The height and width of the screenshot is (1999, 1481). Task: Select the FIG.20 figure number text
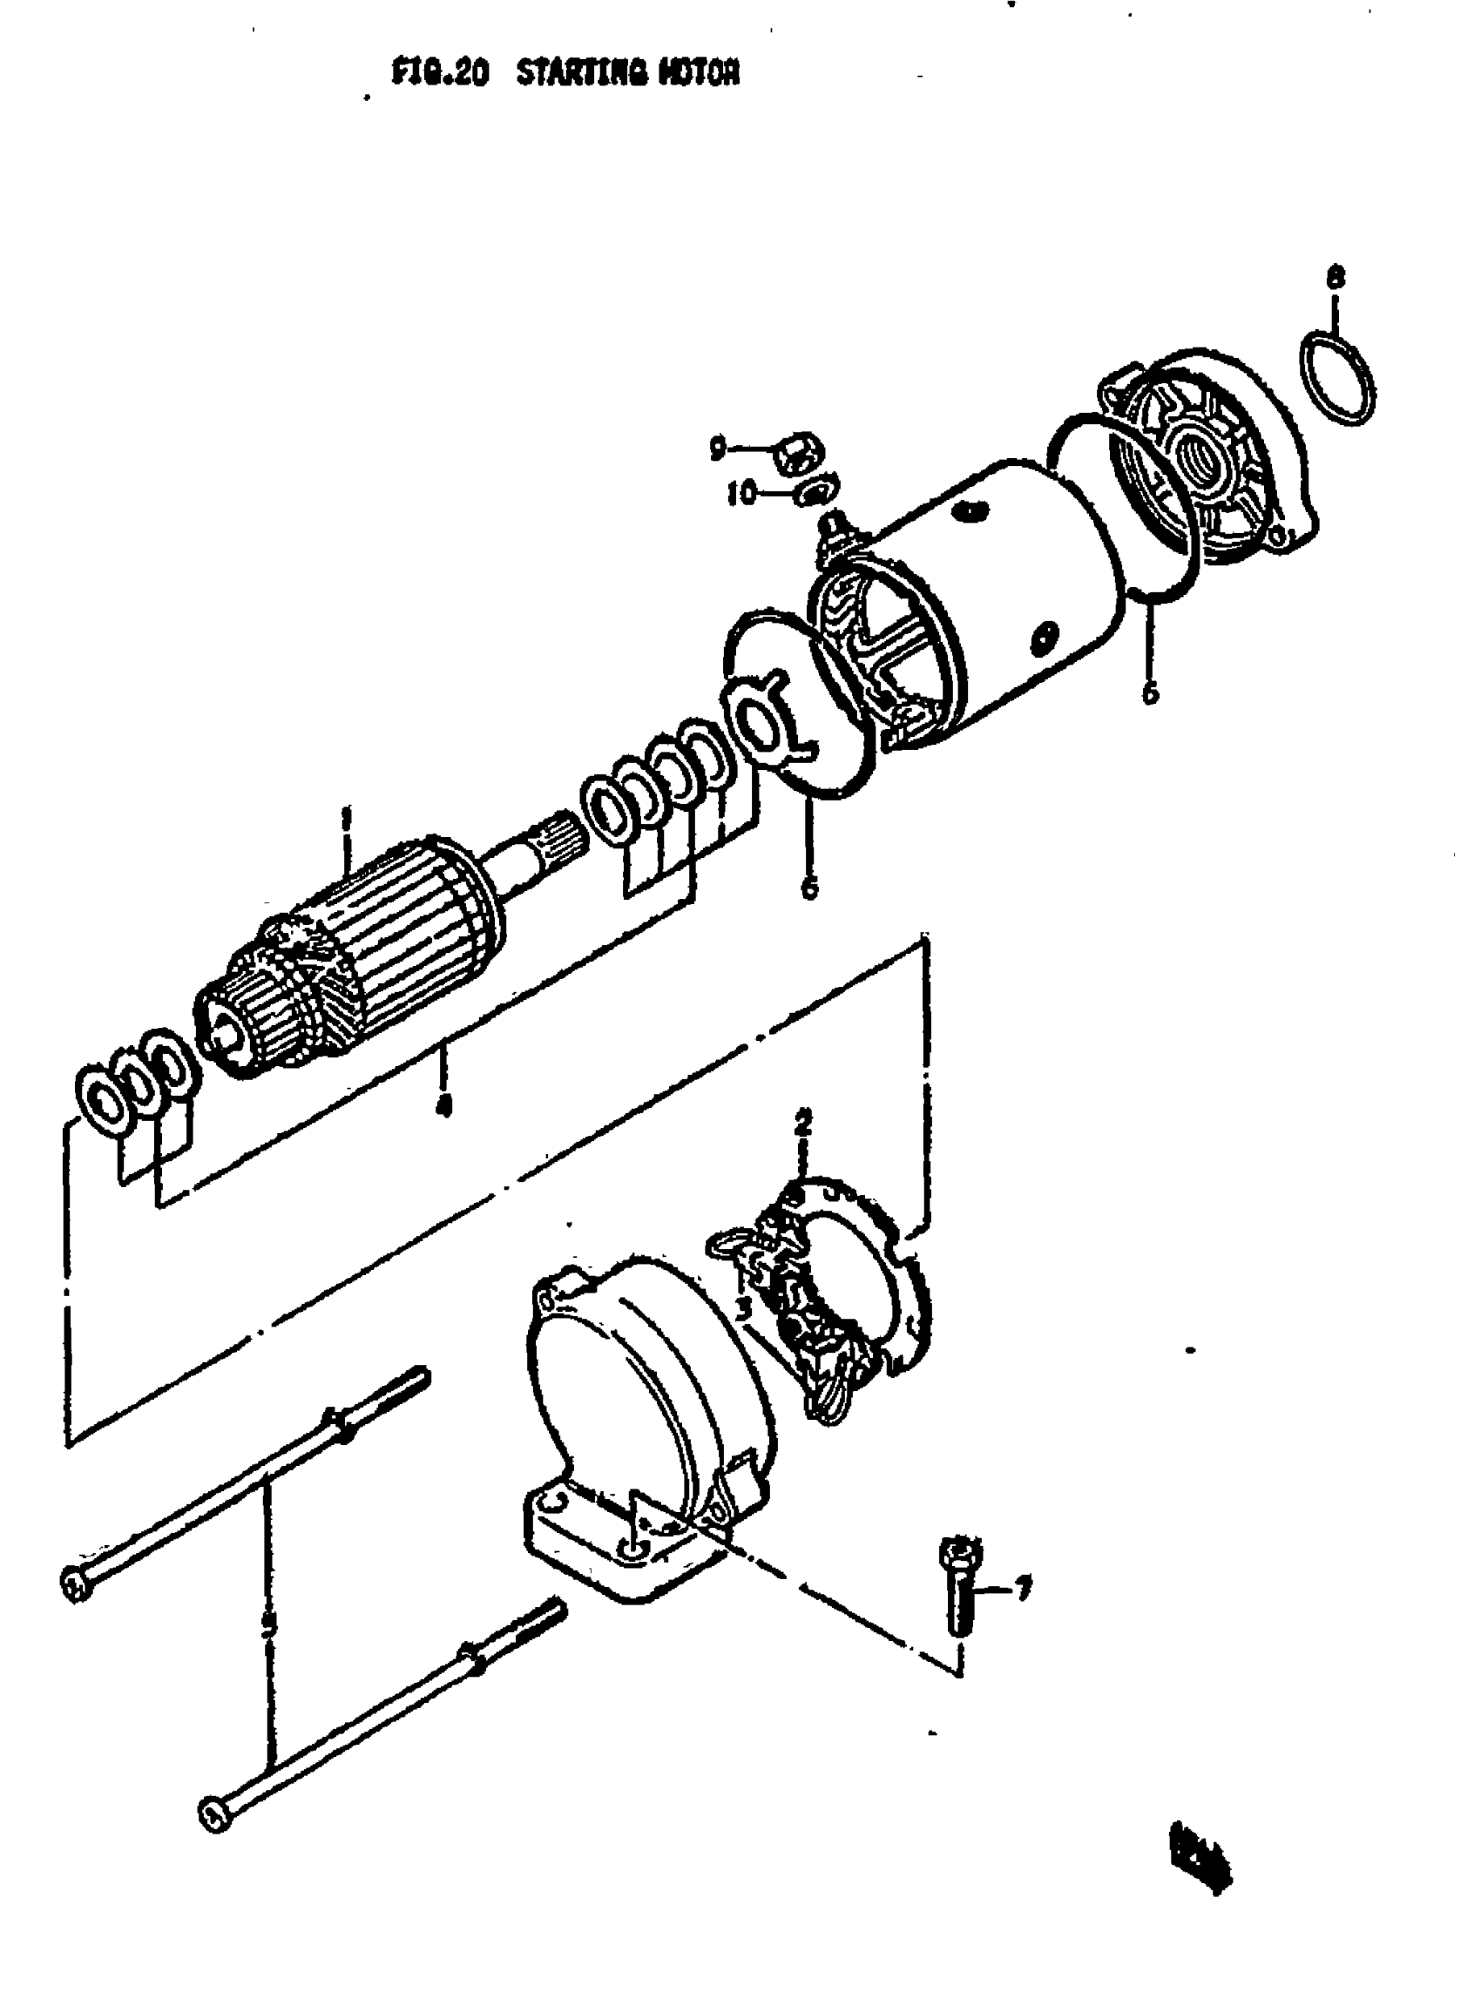point(440,72)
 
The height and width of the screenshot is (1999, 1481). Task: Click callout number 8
point(1335,277)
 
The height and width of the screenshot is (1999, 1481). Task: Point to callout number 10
point(742,493)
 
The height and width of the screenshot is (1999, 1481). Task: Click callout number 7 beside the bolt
point(1022,1588)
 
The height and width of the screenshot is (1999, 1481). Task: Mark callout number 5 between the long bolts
point(267,1624)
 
